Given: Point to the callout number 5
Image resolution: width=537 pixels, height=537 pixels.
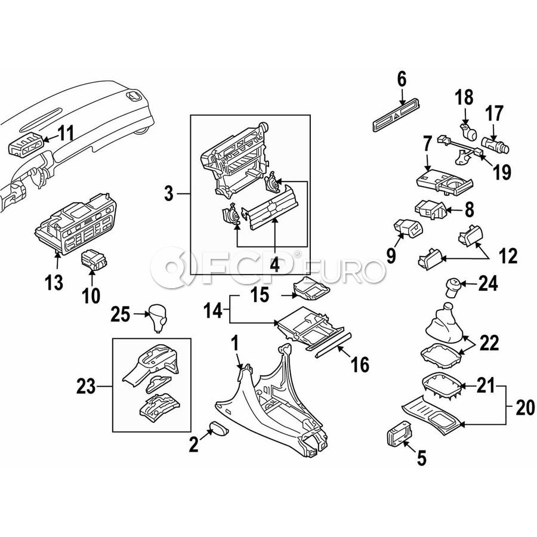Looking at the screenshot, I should click(x=421, y=458).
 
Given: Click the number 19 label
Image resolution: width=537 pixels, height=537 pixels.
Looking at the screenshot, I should click(x=502, y=172).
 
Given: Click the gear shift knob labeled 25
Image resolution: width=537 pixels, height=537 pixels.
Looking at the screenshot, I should click(x=159, y=317).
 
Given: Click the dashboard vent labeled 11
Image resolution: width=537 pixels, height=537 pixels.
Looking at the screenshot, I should click(x=26, y=144).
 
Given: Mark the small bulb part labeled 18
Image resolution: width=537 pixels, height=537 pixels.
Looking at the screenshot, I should click(x=467, y=130).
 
